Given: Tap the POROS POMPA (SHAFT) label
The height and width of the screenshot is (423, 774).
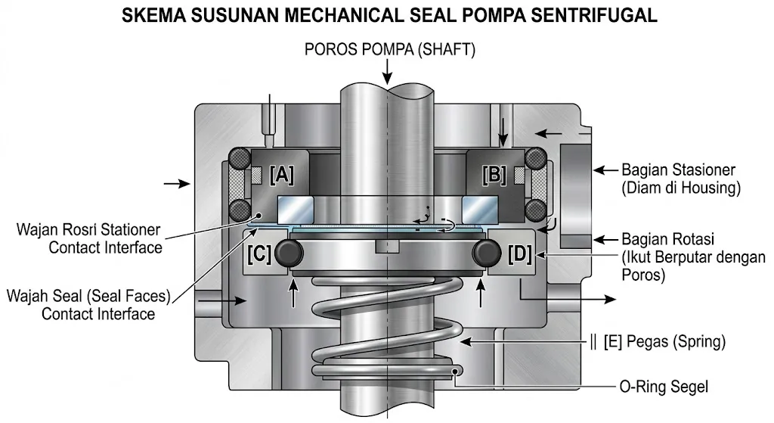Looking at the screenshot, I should [390, 49].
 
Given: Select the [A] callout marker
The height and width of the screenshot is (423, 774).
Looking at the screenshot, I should [282, 175].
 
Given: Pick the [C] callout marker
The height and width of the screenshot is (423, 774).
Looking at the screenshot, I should [259, 254].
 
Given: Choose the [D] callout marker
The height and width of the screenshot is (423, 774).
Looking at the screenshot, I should [521, 254].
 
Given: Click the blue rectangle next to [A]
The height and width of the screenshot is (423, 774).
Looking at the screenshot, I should [297, 205].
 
